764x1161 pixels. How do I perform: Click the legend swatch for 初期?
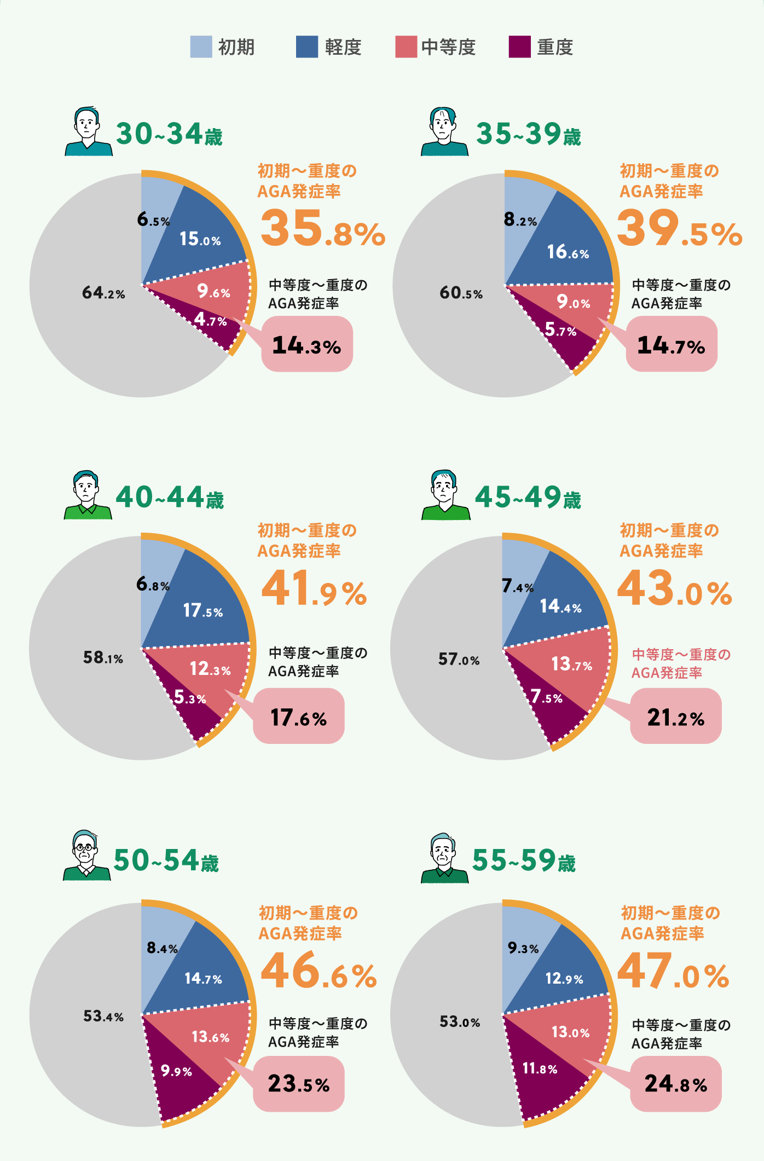(201, 47)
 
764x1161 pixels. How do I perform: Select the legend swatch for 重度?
(519, 47)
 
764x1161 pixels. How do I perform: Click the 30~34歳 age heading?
(169, 134)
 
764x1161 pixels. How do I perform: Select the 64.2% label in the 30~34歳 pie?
(103, 293)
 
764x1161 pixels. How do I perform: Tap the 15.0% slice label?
(200, 239)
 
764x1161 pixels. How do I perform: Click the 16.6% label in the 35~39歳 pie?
(568, 252)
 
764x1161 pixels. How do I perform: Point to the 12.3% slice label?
(210, 669)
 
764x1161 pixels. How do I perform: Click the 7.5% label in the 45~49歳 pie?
(546, 697)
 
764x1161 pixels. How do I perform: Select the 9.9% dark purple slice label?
(176, 1071)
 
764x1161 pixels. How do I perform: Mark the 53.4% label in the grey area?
(103, 1016)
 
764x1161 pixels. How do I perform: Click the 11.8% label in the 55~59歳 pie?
(540, 1068)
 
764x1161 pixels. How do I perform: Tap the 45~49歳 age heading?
(528, 498)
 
